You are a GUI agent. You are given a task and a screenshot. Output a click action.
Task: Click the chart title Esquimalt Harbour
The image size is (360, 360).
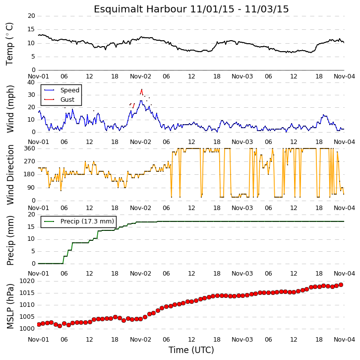140,9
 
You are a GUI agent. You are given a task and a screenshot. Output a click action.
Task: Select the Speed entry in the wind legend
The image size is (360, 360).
61,90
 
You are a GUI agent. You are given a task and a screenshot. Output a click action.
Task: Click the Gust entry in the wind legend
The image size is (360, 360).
59,99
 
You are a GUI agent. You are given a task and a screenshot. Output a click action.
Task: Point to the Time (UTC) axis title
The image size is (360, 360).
191,350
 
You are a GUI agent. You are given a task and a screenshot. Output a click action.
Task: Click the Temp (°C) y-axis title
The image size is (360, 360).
9,44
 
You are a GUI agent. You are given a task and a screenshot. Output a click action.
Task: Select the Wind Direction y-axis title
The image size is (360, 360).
10,175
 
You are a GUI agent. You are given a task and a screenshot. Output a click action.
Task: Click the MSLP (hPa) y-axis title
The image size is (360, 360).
10,306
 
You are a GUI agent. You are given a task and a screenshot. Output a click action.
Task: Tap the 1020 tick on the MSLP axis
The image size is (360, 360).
27,281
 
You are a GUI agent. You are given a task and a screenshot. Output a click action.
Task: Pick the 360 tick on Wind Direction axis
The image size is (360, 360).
30,148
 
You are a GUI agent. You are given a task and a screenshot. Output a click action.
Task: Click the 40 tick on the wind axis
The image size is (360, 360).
31,82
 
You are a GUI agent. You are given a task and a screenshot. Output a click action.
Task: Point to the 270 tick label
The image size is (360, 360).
30,161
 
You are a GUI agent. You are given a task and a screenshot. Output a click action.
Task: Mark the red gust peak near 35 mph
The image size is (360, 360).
142,89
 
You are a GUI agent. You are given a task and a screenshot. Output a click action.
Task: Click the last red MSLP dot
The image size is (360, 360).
341,285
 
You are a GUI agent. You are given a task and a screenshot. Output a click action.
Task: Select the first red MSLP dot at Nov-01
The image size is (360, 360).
39,324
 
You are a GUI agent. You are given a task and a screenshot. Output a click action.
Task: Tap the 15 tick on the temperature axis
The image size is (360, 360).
31,29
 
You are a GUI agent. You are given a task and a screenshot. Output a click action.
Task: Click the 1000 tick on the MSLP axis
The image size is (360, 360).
27,329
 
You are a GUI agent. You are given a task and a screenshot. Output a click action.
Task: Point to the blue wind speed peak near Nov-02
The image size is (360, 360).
141,101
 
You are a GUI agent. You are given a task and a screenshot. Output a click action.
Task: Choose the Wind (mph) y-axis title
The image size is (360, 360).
10,109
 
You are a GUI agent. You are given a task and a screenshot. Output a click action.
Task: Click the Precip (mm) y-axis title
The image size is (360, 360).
10,240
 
